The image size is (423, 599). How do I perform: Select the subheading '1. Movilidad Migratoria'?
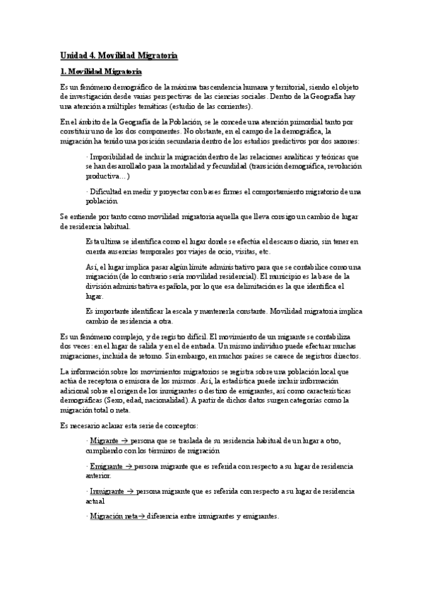[101, 72]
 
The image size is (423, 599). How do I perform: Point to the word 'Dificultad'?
[107, 192]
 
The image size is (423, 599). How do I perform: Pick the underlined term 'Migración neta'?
[113, 516]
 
